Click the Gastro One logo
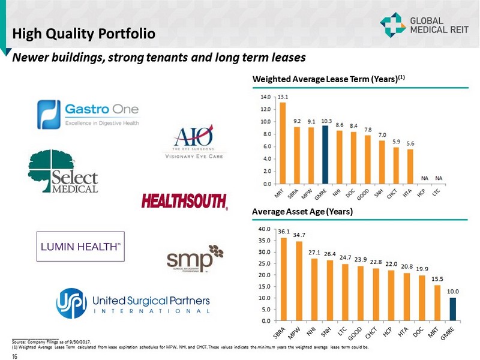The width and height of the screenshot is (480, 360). point(88,114)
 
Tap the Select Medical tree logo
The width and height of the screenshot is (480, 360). point(62,172)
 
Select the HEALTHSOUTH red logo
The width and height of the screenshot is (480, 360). point(184,201)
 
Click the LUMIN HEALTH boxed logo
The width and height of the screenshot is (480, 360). point(80,246)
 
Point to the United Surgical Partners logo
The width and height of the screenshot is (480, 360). point(133,303)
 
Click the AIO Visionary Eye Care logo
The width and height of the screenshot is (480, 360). point(189,143)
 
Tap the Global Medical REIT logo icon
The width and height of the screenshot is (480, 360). point(393,25)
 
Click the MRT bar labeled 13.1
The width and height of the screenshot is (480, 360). point(283,143)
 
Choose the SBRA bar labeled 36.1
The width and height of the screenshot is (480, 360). point(284,279)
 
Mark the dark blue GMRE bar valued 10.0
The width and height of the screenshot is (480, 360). point(453,309)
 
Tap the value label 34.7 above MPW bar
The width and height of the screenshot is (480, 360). point(298,235)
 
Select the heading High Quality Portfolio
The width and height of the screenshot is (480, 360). point(84,33)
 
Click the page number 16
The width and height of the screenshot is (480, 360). point(14,355)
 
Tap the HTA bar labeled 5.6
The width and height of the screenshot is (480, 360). point(410,166)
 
